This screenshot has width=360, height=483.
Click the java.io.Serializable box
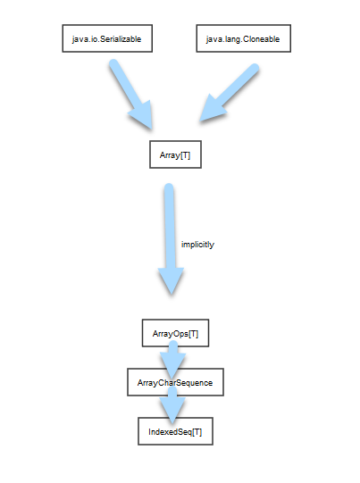coord(107,38)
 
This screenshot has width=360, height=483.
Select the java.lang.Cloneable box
coord(244,38)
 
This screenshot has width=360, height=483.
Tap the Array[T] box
coord(175,154)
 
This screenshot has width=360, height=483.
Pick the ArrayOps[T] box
coord(175,333)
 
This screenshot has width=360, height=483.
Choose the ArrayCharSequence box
coord(175,382)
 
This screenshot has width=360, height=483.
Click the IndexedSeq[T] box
coord(175,431)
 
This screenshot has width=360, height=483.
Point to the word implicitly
coord(197,245)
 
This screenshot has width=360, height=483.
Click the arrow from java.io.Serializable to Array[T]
coord(131,94)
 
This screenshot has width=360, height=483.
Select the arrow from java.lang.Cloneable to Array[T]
coord(229,93)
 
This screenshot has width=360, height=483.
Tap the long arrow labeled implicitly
coord(170,238)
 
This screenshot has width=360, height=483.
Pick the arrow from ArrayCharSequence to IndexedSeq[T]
coord(172,405)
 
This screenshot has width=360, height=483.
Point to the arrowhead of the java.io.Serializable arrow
coord(142,115)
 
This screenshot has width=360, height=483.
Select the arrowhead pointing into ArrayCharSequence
coord(172,362)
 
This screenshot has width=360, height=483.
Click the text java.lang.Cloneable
coord(243,39)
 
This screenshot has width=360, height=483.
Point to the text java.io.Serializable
coord(106,39)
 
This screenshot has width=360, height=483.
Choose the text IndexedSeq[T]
coord(175,432)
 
